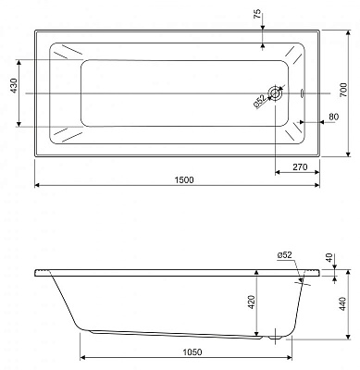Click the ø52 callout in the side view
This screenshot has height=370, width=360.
click(x=284, y=254)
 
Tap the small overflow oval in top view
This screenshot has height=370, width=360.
click(x=306, y=92)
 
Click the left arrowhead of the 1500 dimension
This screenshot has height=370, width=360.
click(x=38, y=186)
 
